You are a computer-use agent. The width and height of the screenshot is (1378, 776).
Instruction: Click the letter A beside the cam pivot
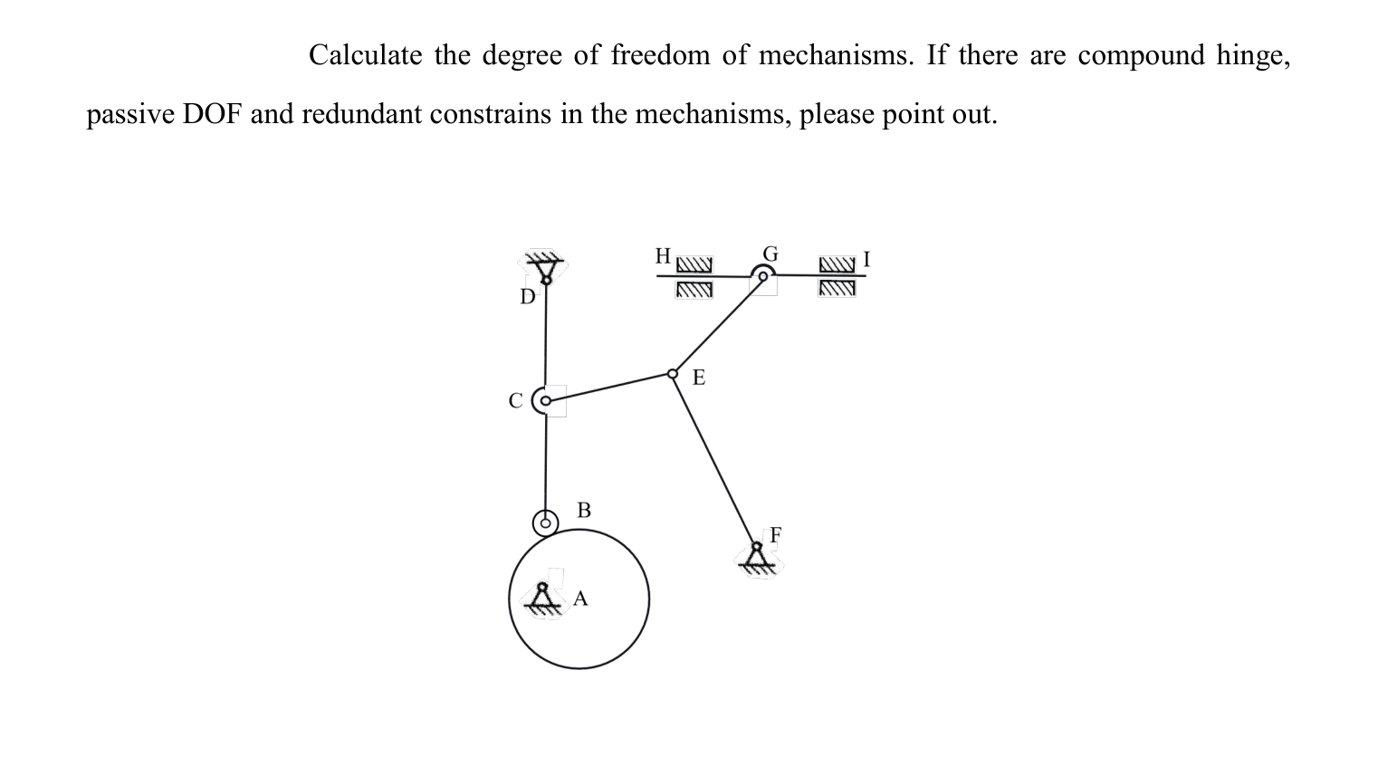click(580, 599)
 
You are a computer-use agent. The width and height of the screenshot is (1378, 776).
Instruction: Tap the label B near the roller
click(584, 510)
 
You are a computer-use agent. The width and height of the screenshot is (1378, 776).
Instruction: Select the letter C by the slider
click(515, 400)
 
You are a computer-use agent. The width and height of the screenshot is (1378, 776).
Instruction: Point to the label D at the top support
click(527, 297)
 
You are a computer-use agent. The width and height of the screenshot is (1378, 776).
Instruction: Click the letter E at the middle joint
click(698, 378)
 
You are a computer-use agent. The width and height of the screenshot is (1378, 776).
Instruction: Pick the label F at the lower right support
click(775, 534)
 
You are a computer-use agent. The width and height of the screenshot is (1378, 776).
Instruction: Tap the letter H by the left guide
click(663, 255)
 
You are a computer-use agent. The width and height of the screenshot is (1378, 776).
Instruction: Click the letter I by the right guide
click(866, 259)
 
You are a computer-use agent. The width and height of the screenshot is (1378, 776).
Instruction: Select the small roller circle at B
click(545, 522)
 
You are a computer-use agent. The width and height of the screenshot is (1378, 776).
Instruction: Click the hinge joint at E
click(673, 374)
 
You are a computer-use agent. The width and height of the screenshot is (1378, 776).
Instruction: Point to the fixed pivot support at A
click(543, 599)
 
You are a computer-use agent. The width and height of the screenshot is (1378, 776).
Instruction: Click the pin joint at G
click(763, 276)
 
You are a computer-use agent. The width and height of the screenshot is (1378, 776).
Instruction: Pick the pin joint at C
click(545, 400)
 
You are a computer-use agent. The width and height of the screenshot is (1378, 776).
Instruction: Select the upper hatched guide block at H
click(694, 265)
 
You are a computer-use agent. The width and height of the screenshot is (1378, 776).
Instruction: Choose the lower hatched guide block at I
click(837, 289)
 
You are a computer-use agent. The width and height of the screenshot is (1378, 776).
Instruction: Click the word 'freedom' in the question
click(660, 56)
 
